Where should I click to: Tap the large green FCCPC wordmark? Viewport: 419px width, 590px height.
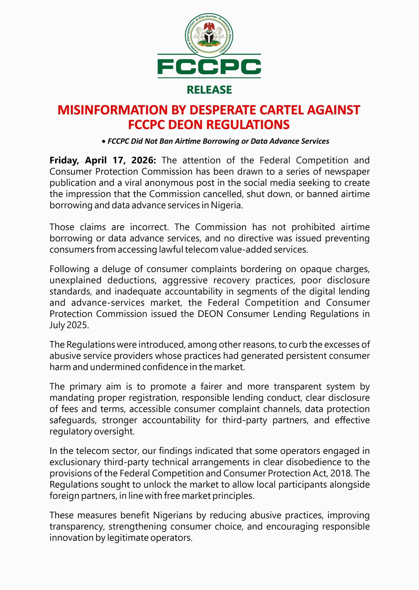pos(209,67)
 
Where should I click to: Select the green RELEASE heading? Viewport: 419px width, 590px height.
pos(209,90)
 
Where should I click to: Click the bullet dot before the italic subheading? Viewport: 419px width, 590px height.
pos(103,142)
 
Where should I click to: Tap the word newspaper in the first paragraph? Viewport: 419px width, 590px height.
pos(347,172)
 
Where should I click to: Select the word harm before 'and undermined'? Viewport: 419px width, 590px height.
pos(59,367)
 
